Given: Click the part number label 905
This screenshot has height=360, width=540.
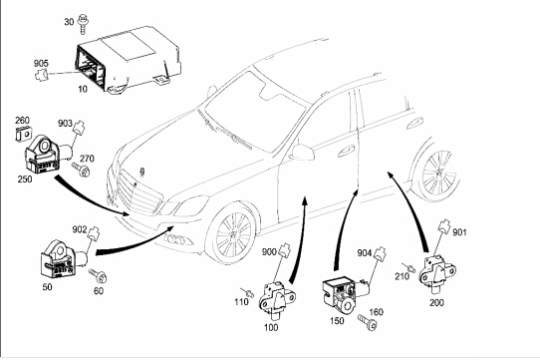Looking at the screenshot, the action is [x=41, y=64].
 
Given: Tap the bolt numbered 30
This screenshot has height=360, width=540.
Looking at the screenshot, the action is [x=83, y=24].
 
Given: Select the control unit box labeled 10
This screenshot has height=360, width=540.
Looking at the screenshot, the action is [x=128, y=61].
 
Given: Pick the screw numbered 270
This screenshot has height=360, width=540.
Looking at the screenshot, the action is [x=81, y=170].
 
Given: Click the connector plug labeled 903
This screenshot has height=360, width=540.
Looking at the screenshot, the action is [x=79, y=127].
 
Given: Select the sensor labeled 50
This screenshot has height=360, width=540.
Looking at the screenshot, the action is [x=63, y=258].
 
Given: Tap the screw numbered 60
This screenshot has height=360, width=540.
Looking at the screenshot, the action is [x=99, y=275].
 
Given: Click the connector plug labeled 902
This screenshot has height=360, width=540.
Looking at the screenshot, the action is [x=94, y=232].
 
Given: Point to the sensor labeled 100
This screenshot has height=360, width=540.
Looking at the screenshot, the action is [x=277, y=299].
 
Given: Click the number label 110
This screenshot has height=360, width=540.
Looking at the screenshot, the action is [x=241, y=302].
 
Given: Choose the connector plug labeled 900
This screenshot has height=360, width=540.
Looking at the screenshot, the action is [x=285, y=250].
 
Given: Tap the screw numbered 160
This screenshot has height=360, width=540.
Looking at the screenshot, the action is [x=368, y=322].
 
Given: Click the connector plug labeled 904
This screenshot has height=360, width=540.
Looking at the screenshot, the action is [x=380, y=253].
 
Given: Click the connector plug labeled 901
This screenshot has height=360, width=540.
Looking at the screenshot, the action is [x=444, y=226].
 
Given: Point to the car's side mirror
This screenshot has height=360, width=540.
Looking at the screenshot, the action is [x=302, y=152].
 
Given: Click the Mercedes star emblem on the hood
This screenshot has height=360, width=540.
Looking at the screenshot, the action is [x=141, y=172].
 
